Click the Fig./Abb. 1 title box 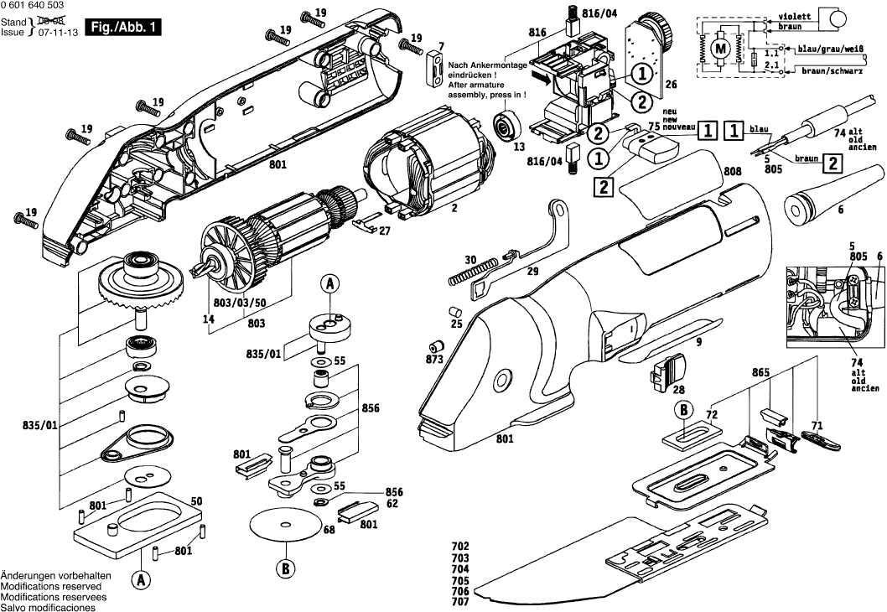click(x=123, y=27)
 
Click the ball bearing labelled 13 click(x=507, y=123)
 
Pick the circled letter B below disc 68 click(x=285, y=568)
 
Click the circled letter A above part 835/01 click(x=329, y=285)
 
